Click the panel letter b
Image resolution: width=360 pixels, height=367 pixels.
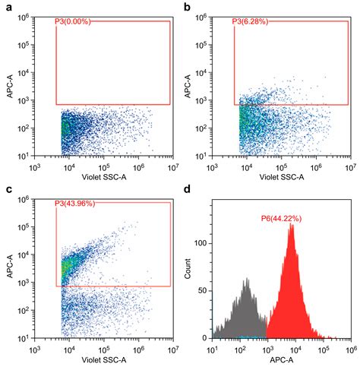tap(186, 7)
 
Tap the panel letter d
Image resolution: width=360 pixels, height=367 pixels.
tap(186, 190)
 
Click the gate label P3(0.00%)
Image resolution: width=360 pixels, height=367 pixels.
tap(73, 22)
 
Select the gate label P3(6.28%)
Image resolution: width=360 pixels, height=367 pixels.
tap(252, 22)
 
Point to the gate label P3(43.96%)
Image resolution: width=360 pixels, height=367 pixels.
tap(75, 204)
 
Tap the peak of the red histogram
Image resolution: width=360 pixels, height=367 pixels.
tap(291, 225)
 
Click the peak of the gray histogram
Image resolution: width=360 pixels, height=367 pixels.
tap(245, 280)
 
